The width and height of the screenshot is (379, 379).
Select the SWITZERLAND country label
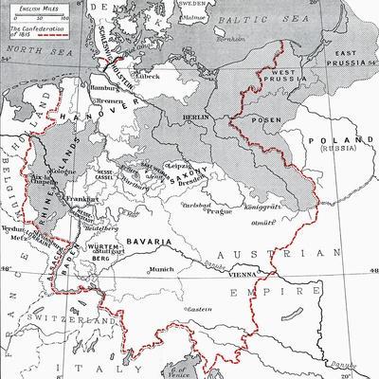coord(63,324)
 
